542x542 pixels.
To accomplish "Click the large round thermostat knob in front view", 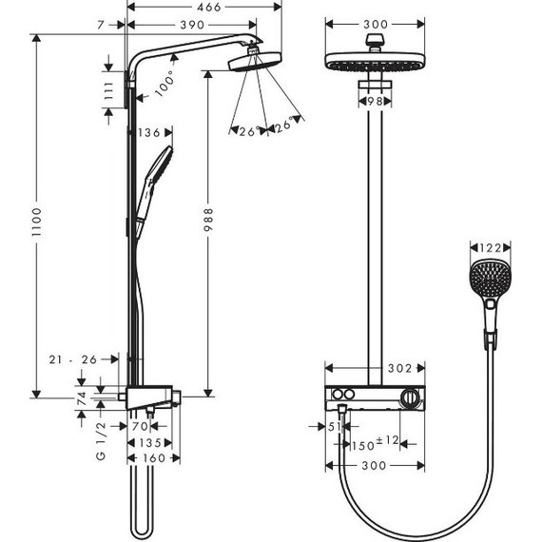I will (x=410, y=397).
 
